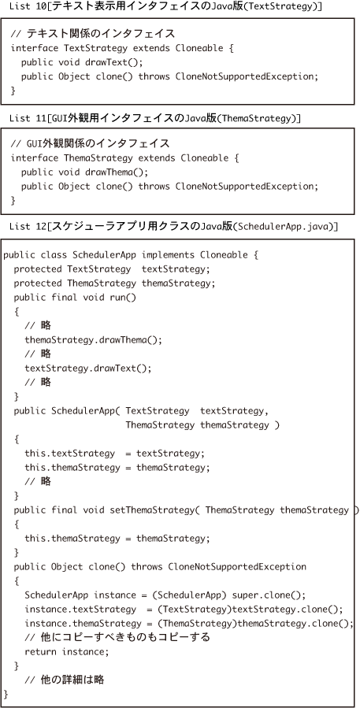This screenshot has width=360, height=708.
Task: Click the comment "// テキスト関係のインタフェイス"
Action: (x=93, y=34)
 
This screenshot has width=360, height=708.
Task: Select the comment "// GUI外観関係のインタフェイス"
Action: (x=90, y=144)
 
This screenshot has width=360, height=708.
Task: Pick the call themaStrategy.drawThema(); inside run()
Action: (x=93, y=339)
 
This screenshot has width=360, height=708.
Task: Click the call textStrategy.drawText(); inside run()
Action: (x=87, y=368)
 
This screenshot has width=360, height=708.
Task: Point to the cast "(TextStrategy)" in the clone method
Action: (x=193, y=609)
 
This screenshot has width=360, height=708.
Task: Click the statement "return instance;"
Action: (x=67, y=651)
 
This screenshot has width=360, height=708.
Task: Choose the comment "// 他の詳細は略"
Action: (x=65, y=680)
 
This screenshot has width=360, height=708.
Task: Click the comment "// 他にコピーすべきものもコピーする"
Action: (x=117, y=638)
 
